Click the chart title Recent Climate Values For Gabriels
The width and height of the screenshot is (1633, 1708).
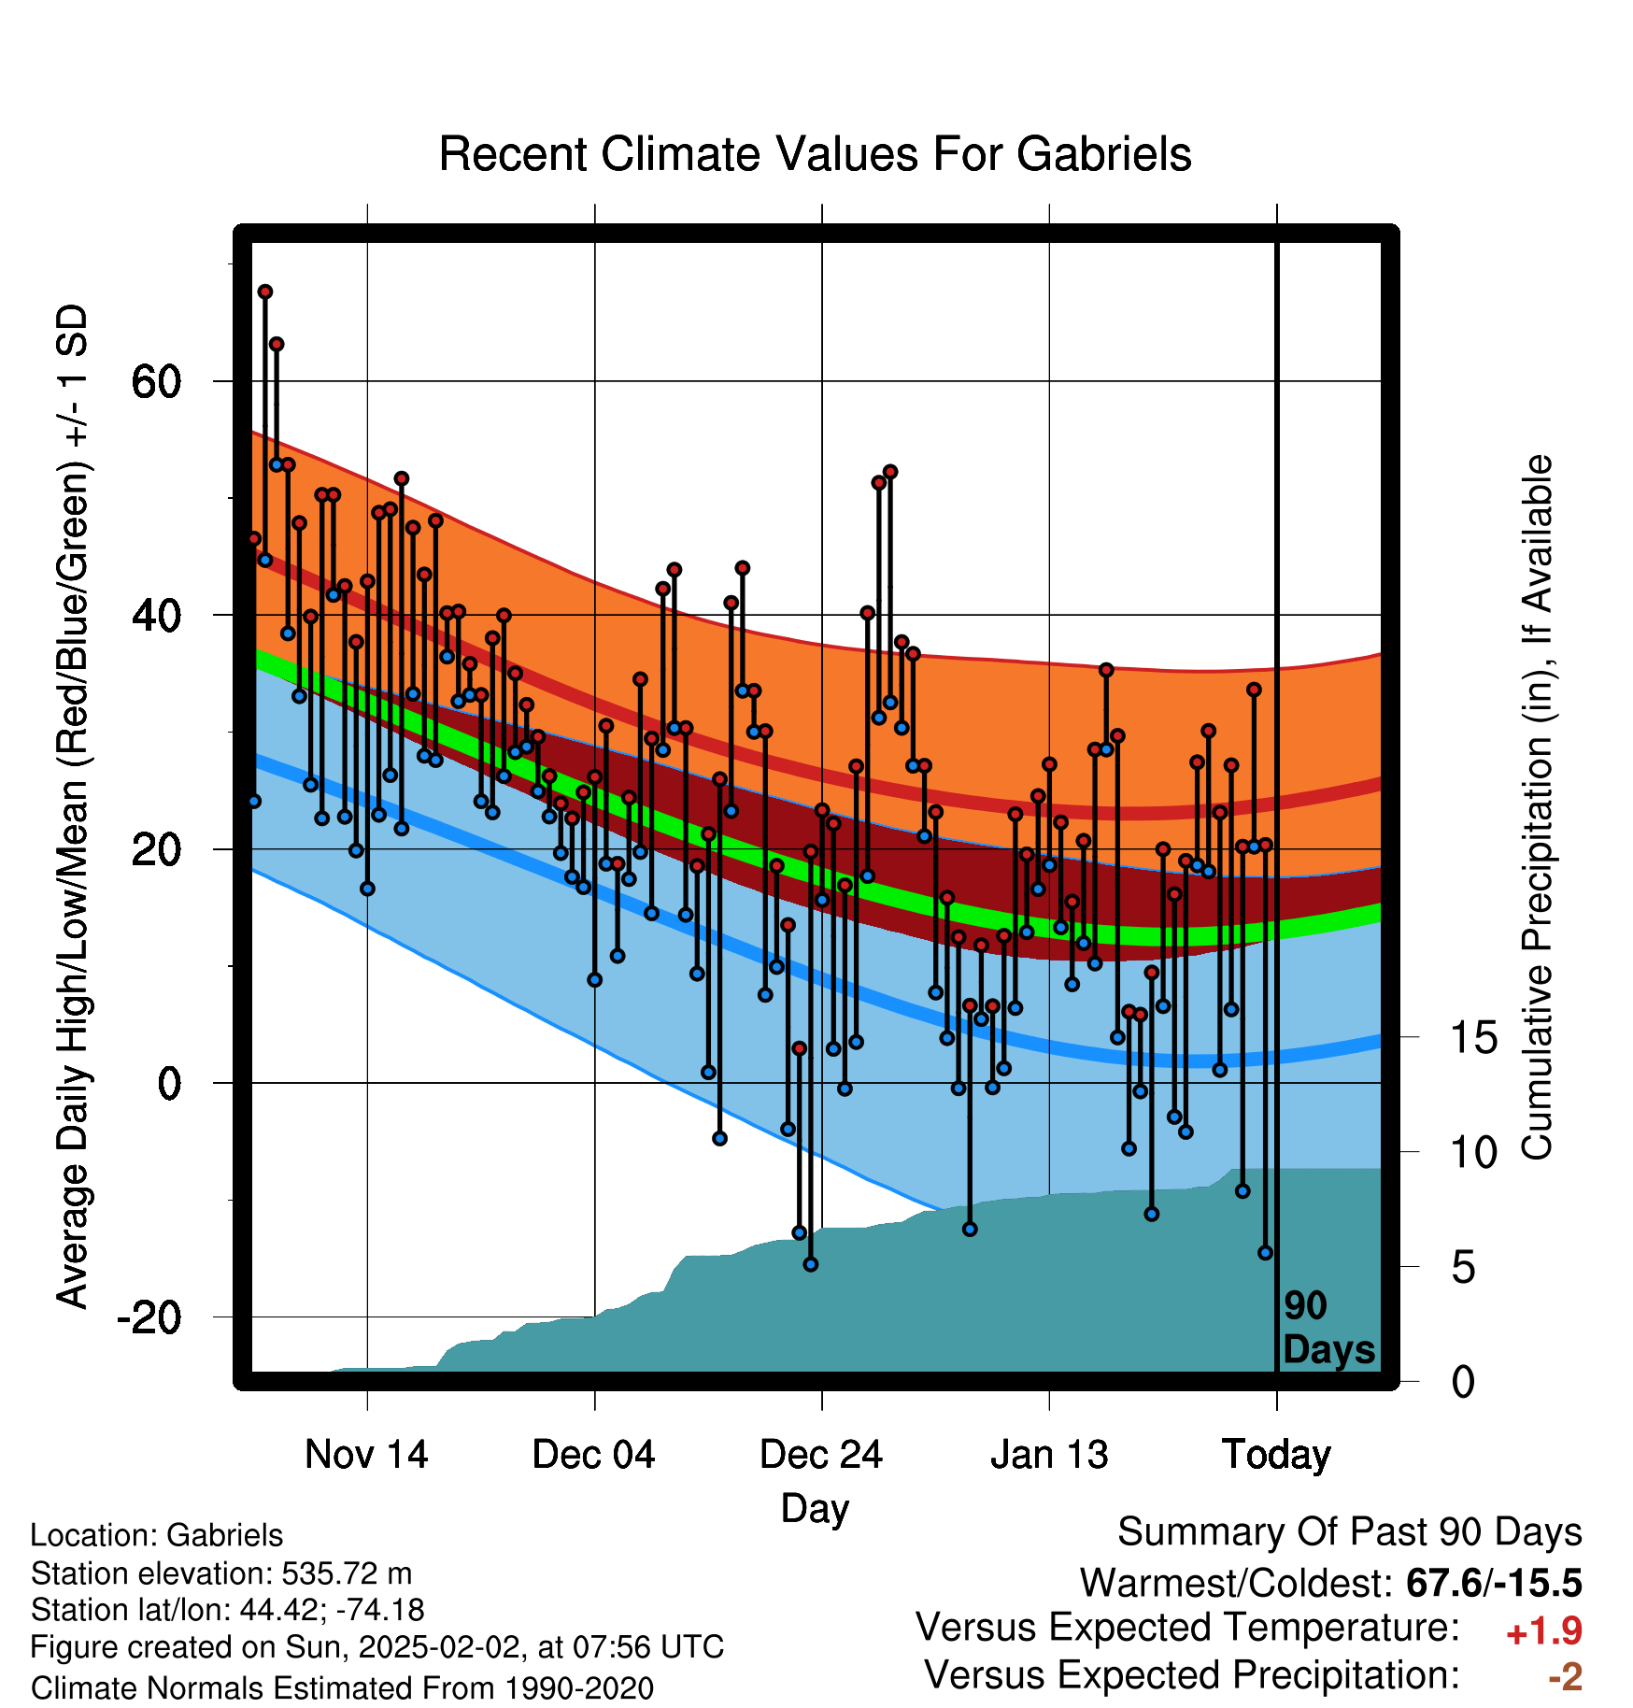point(815,154)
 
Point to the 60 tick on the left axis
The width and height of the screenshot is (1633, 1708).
point(156,381)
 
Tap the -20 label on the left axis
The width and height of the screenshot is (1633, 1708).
point(149,1317)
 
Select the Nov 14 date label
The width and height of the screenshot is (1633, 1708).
point(366,1455)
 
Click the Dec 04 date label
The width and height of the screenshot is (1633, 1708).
point(593,1455)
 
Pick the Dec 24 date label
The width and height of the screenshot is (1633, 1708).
point(821,1455)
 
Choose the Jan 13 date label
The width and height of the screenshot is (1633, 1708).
point(1049,1455)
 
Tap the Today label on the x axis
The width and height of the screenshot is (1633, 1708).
point(1276,1456)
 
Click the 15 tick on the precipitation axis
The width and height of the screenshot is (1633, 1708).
point(1474,1037)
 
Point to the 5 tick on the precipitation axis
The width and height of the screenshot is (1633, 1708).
point(1464,1267)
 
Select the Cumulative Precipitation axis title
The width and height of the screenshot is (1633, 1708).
point(1538,808)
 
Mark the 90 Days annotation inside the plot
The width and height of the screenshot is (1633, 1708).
point(1328,1328)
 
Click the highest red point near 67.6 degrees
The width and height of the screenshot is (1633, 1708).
point(265,292)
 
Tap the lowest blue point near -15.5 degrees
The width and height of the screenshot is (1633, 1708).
point(811,1264)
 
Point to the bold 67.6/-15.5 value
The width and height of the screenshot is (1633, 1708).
point(1494,1583)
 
